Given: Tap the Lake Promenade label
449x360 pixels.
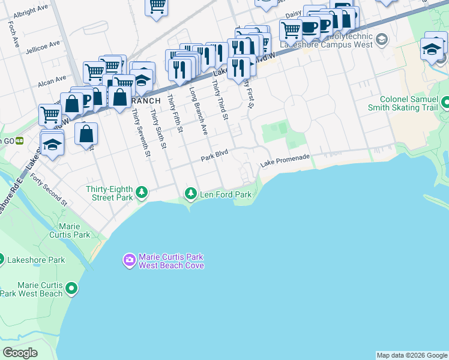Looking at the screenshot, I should (x=285, y=161).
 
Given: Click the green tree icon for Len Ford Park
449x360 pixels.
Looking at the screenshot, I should (x=191, y=193).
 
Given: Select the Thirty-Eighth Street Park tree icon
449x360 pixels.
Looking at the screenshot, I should (x=142, y=193).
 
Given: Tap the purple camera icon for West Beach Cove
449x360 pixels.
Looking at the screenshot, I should (x=129, y=260).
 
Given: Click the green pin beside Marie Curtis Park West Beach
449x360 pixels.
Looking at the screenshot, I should (x=72, y=289).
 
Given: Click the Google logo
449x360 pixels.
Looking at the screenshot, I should (x=19, y=353).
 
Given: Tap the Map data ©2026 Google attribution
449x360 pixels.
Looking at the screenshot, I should (x=412, y=355).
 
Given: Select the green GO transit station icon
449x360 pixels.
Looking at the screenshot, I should (x=19, y=141).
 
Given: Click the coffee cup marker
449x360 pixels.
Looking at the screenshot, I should (x=310, y=28).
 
